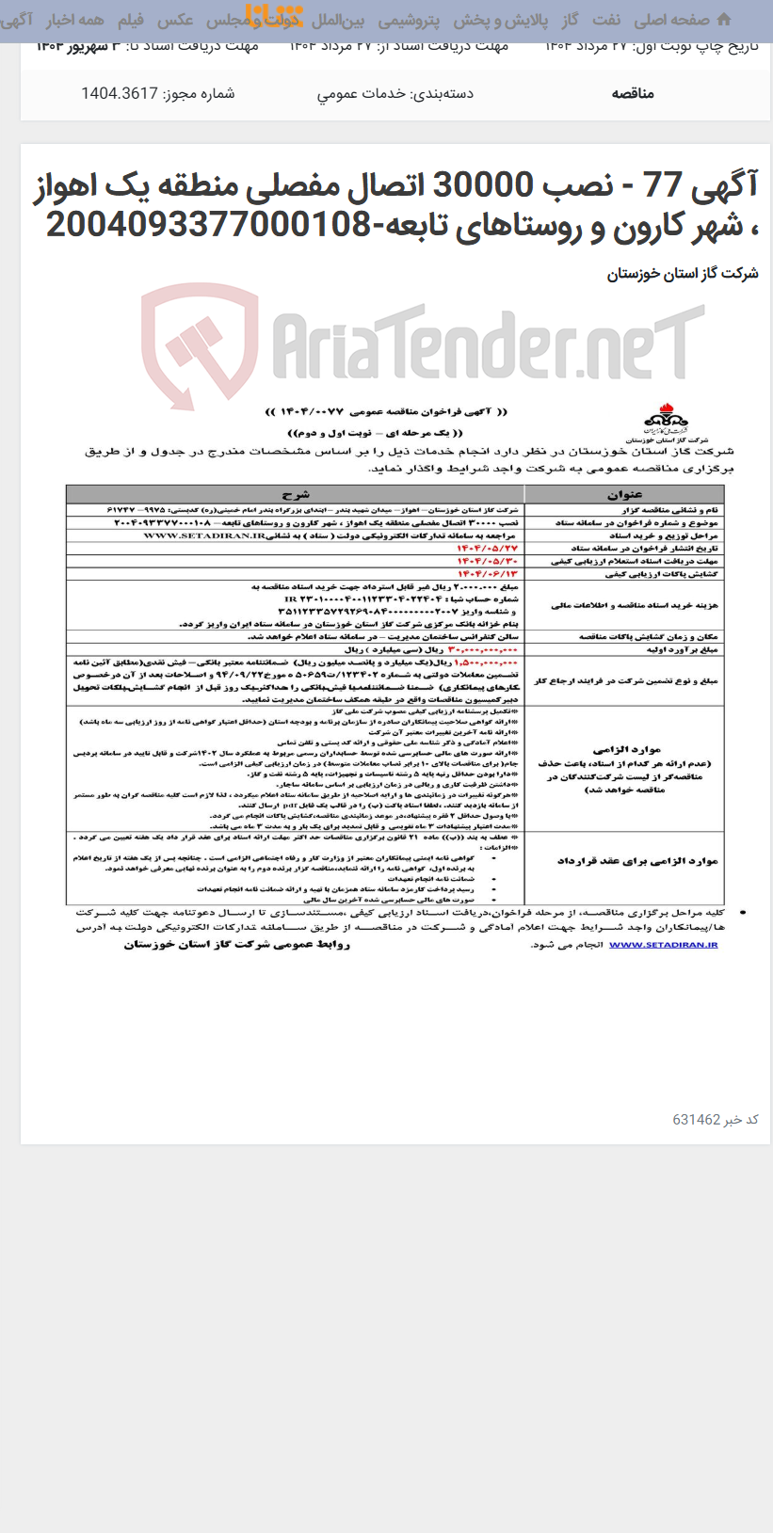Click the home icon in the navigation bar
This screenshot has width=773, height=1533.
coord(723,19)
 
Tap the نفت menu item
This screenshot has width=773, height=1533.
coord(606,20)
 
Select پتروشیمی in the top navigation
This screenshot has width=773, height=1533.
coord(410,20)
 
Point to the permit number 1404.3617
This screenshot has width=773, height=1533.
coord(119,93)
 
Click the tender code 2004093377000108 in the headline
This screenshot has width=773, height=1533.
coord(207,225)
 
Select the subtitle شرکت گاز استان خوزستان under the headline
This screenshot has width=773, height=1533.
coord(683,274)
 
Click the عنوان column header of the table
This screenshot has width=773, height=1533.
coord(624,494)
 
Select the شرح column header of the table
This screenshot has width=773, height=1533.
coord(295,494)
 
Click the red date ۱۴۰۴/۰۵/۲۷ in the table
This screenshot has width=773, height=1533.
coord(487,548)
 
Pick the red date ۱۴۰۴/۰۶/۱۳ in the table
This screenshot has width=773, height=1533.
coord(487,573)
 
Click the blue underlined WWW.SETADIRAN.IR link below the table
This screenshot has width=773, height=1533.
coord(663,944)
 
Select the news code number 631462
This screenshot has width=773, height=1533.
coord(697,1120)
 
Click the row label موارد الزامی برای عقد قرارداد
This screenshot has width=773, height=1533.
coord(637,861)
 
